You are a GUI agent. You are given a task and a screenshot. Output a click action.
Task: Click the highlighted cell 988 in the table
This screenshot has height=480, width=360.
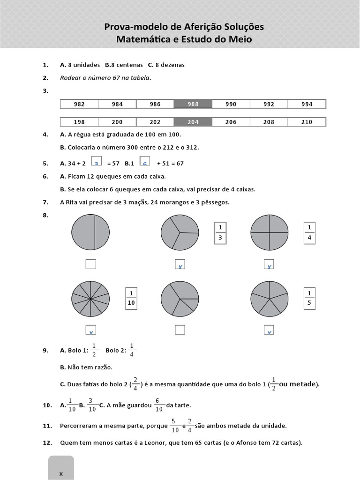[193, 104]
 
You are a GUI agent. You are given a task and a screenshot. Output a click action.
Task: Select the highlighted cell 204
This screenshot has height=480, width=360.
[193, 122]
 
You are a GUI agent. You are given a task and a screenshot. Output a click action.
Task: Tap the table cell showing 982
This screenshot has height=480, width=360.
[79, 104]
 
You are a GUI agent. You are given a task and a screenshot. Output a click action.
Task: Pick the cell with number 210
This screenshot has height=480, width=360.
[307, 122]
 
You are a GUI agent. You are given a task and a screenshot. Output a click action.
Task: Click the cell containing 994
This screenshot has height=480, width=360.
[307, 104]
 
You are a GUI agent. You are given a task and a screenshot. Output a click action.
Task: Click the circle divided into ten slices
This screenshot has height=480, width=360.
[90, 299]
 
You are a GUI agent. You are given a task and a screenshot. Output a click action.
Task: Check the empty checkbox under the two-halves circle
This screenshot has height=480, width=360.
[90, 264]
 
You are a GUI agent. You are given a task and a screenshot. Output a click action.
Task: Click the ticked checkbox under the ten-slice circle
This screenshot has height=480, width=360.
[90, 330]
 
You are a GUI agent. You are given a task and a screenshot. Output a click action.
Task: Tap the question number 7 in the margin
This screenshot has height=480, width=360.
[45, 202]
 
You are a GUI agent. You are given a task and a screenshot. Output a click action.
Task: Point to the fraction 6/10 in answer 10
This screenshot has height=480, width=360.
[158, 405]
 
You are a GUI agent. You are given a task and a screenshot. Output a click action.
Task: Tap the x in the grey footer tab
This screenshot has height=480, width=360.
[61, 473]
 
